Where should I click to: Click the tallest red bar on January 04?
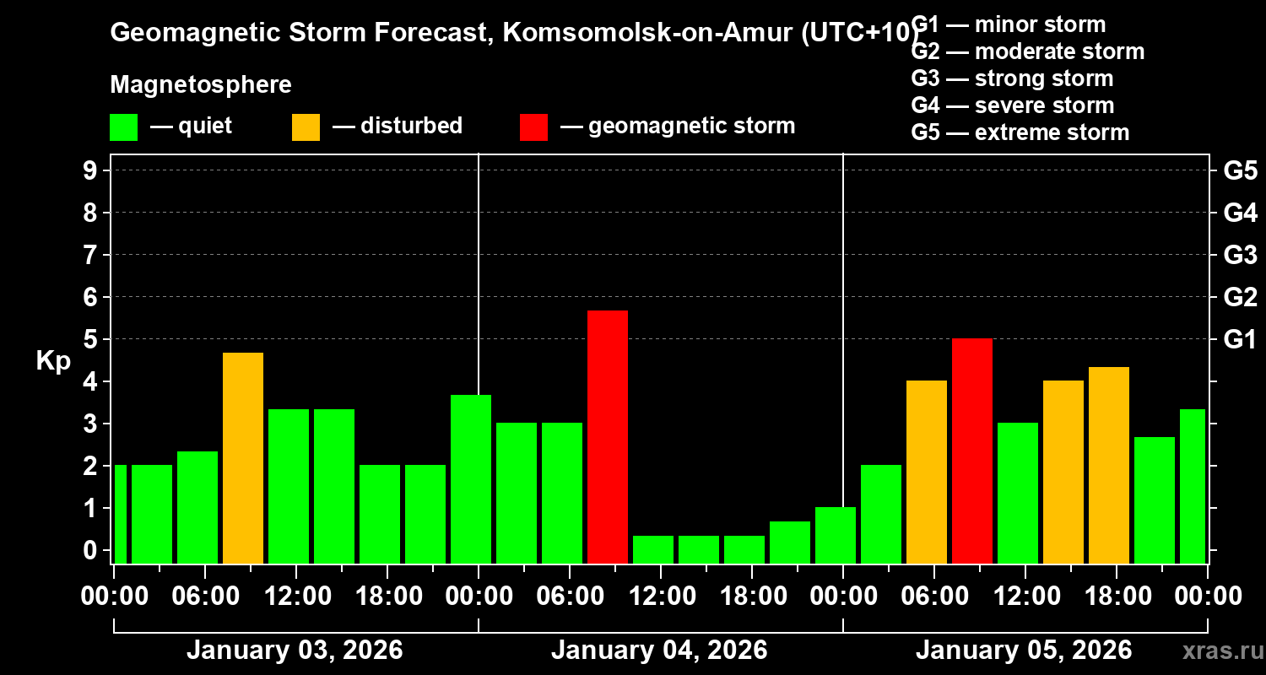pyautogui.click(x=608, y=436)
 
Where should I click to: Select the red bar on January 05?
pyautogui.click(x=972, y=451)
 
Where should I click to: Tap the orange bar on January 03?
pyautogui.click(x=243, y=457)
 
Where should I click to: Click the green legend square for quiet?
pyautogui.click(x=123, y=127)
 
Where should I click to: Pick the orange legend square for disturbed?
pyautogui.click(x=306, y=127)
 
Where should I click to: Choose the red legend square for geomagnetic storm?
pyautogui.click(x=533, y=127)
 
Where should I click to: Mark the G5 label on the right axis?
pyautogui.click(x=1240, y=170)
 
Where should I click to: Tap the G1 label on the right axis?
pyautogui.click(x=1240, y=339)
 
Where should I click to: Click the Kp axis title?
pyautogui.click(x=53, y=361)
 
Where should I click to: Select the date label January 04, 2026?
pyautogui.click(x=659, y=651)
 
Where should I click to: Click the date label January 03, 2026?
pyautogui.click(x=295, y=651)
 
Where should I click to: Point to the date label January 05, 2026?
pyautogui.click(x=1024, y=651)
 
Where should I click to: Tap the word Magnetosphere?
pyautogui.click(x=201, y=85)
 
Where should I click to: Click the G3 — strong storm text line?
pyautogui.click(x=1012, y=78)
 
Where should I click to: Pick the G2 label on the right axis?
pyautogui.click(x=1240, y=297)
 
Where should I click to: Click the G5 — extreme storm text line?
pyautogui.click(x=1020, y=132)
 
